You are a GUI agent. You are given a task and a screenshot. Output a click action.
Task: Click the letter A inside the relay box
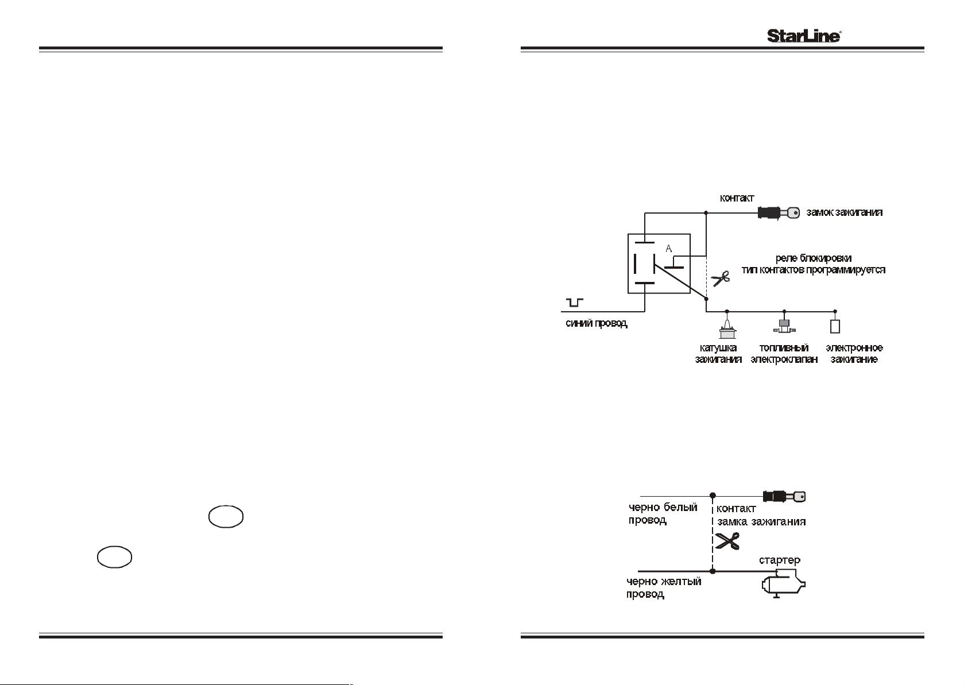668,249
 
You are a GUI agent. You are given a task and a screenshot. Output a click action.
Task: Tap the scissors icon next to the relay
720,278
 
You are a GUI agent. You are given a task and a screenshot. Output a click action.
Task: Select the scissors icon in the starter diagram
727,541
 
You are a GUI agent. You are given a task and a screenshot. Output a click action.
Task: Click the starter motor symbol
783,583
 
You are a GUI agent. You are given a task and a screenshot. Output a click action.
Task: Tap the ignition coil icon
727,328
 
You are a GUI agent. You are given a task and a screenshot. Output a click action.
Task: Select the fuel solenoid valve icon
784,326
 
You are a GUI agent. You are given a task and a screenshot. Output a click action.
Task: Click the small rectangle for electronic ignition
835,327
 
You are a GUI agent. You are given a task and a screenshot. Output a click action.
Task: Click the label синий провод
597,323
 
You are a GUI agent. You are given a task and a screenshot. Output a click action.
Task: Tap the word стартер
779,560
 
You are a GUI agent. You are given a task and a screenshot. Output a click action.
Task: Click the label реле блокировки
814,258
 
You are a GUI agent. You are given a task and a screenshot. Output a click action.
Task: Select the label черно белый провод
663,514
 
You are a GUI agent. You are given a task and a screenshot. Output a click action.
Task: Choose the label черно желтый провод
664,588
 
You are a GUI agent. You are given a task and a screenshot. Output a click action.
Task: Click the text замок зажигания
845,212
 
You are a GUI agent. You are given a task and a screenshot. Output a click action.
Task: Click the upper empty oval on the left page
226,517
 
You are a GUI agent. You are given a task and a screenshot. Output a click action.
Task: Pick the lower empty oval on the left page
114,557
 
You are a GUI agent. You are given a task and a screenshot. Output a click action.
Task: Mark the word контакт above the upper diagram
737,198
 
